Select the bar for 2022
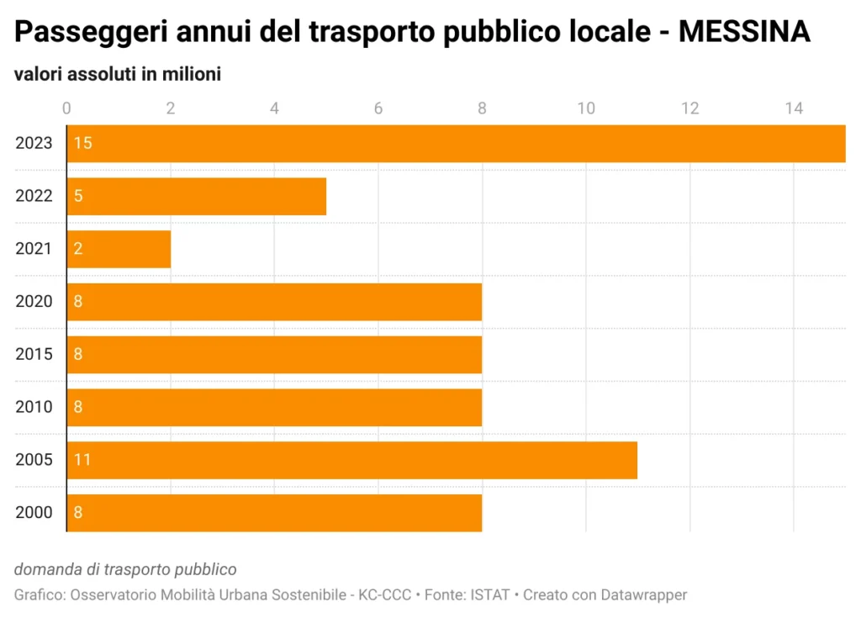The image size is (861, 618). pos(196,196)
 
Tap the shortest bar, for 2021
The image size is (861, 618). pos(119,249)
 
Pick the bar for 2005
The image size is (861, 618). pos(351,460)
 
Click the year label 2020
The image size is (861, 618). pos(34,302)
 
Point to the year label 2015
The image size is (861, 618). pos(34,354)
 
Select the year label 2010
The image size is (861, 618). pos(34,407)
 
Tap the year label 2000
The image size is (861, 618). pos(34,513)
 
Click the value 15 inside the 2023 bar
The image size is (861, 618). pos(82,144)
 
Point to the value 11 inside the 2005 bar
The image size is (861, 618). pos(82,460)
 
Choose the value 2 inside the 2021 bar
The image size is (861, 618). pos(77,249)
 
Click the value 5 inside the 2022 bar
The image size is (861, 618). pos(77,196)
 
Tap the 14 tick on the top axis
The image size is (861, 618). pos(794,108)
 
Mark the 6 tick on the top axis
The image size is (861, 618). pos(378,108)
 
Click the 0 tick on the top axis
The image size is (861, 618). pos(67,108)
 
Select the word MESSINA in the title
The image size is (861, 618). pos(744,33)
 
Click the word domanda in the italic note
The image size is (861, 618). pos(47,570)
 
